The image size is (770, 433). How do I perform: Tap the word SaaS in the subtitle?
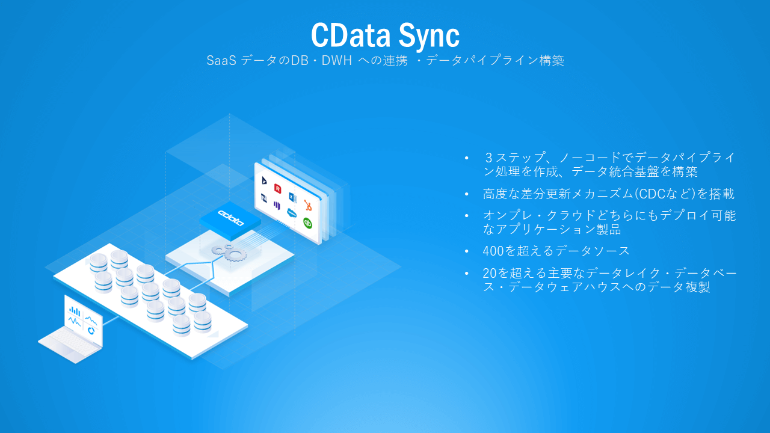click(x=220, y=61)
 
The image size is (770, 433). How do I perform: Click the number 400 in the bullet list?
click(x=494, y=251)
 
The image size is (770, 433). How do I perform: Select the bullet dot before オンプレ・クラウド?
click(x=466, y=216)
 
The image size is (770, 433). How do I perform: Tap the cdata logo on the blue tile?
click(x=231, y=217)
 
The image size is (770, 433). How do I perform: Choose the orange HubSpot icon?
click(x=308, y=205)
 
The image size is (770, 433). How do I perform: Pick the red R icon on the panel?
click(x=277, y=188)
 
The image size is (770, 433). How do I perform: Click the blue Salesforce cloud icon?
click(x=292, y=212)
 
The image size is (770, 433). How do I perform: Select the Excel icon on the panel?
click(x=292, y=197)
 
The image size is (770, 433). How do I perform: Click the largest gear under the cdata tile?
click(x=235, y=255)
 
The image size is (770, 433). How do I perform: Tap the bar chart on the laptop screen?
click(x=75, y=311)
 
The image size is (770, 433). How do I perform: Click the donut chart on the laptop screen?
click(x=91, y=330)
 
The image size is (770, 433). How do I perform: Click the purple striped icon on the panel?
click(x=277, y=205)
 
